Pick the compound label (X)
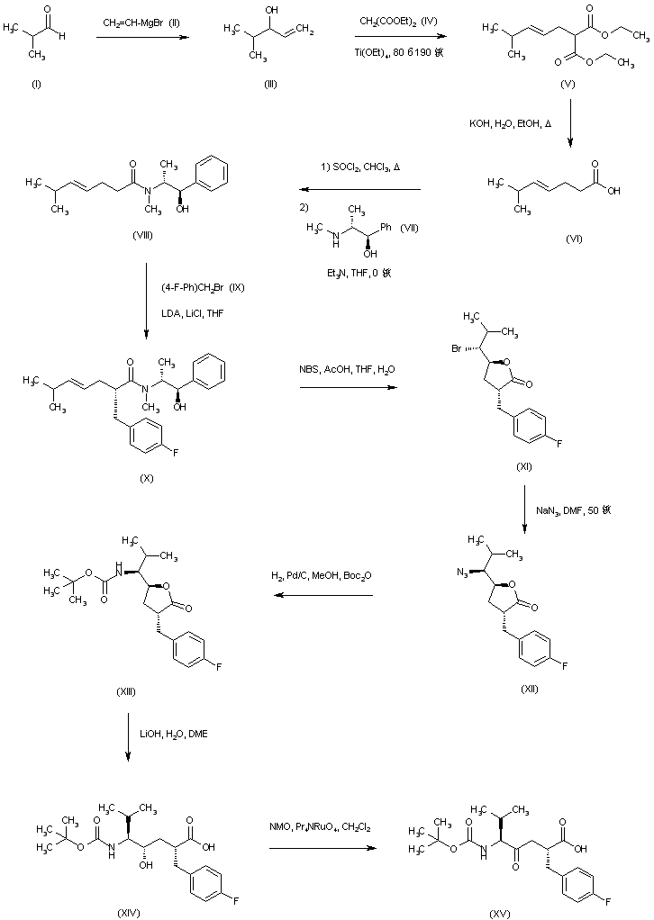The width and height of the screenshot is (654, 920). coord(146,478)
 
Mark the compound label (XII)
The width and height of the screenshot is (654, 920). coord(524,688)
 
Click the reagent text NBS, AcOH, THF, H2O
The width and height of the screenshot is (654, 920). coord(347,370)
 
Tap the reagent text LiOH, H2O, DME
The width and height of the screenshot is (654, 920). coord(177,735)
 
